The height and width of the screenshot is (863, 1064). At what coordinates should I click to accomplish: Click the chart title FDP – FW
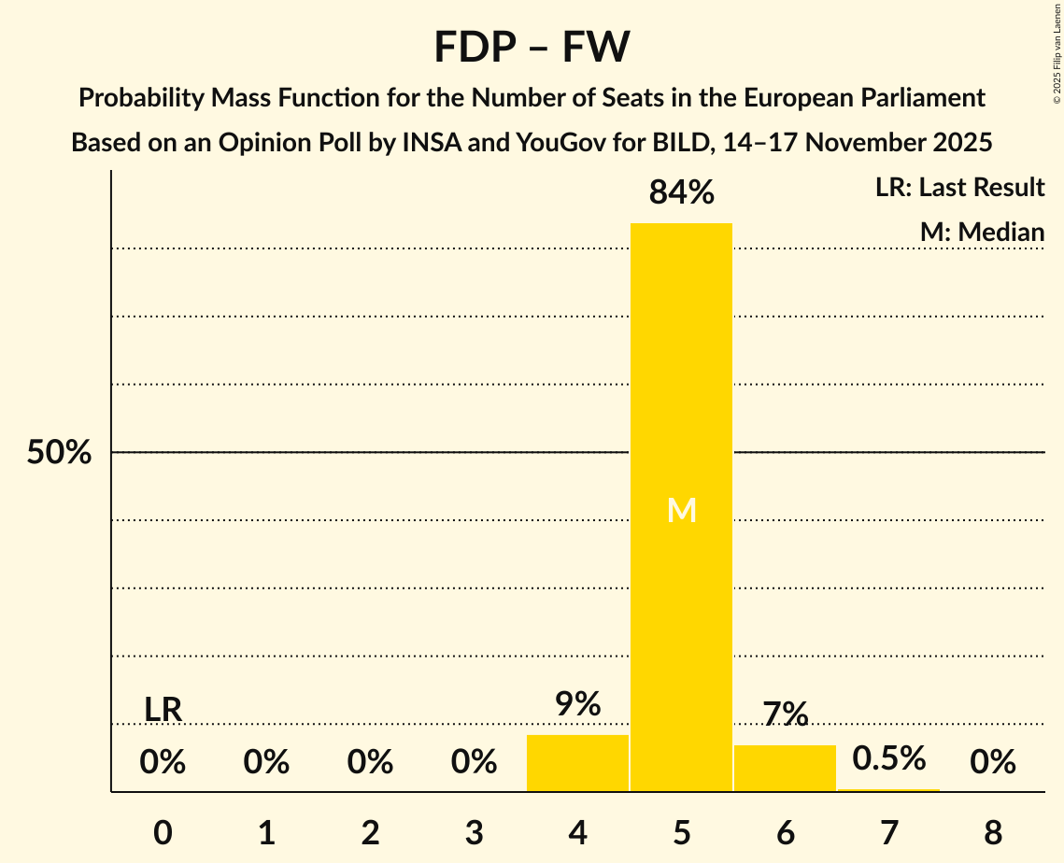(x=532, y=46)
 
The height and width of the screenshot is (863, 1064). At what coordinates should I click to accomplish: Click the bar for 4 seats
(x=577, y=763)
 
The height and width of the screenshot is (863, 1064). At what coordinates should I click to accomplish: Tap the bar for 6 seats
(x=785, y=768)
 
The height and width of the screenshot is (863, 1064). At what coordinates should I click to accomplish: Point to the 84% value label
(x=681, y=193)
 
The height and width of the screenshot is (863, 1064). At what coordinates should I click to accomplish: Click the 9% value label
(x=577, y=704)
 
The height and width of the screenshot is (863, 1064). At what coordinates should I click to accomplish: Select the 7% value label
(x=785, y=714)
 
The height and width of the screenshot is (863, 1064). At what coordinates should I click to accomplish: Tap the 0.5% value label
(x=888, y=758)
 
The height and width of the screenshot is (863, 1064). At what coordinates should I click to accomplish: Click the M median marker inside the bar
(x=681, y=510)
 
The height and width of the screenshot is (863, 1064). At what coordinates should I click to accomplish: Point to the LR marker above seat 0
(x=163, y=710)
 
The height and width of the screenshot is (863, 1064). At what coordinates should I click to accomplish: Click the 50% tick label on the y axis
(x=59, y=453)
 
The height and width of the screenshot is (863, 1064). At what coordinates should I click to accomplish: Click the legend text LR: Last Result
(x=959, y=188)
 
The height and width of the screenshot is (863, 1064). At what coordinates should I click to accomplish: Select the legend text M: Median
(x=982, y=233)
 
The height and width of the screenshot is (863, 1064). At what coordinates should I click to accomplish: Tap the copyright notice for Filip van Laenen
(x=1057, y=56)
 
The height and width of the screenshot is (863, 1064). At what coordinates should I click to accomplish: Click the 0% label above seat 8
(x=992, y=763)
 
